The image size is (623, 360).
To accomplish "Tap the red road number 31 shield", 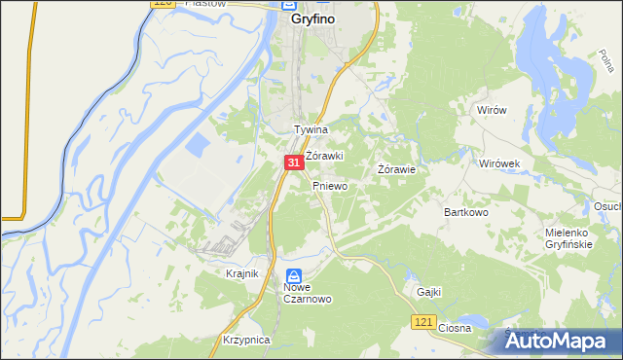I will tap(293, 164).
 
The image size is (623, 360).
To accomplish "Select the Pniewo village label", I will tap(330, 185).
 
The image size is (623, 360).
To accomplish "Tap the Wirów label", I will tap(492, 110).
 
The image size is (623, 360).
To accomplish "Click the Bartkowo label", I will tap(465, 211).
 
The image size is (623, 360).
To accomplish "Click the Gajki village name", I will tap(429, 291).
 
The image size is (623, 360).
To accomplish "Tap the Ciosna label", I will tap(455, 328).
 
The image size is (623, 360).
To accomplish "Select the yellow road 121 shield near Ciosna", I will tap(421, 322).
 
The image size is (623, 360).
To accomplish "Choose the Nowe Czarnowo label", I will tap(309, 293).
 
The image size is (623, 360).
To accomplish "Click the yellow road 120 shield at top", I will tap(163, 5).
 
